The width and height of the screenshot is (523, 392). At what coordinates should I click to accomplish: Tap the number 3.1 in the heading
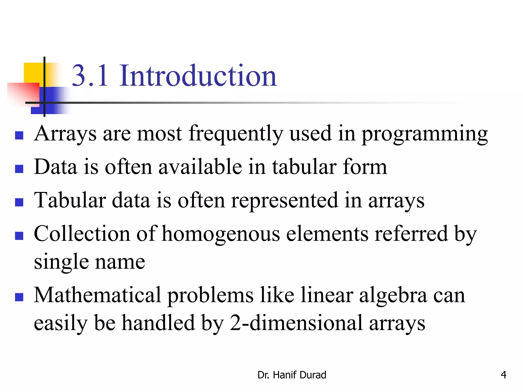point(90,76)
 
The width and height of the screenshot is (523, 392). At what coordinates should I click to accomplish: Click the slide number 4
point(503,375)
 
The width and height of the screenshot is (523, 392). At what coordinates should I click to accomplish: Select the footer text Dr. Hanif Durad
point(292,375)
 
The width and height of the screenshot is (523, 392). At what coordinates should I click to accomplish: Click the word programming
point(425,134)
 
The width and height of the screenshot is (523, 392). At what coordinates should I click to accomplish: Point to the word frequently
point(236,134)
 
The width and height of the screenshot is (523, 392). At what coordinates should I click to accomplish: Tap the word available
point(200,167)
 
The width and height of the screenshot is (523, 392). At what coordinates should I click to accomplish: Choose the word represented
point(284,201)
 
